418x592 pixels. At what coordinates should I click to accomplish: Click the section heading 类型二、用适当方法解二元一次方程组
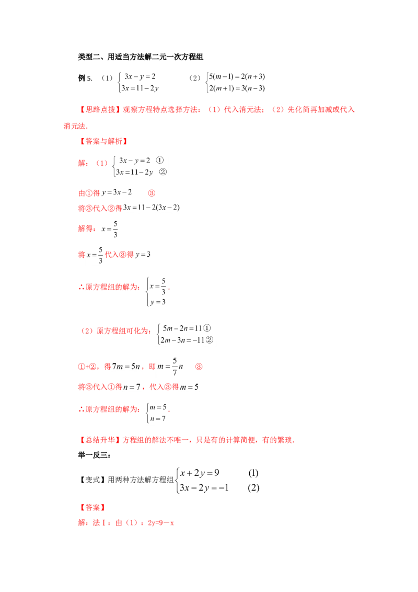coord(141,57)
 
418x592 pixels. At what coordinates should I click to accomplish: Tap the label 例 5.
coord(85,78)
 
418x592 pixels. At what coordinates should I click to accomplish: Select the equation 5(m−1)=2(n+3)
coord(237,77)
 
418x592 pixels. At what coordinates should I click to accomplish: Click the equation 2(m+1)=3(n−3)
coord(237,88)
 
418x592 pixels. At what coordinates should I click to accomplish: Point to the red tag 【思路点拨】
coord(99,109)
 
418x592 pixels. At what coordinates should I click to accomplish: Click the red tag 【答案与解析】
coord(103,141)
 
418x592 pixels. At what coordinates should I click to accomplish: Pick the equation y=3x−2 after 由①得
coord(117,192)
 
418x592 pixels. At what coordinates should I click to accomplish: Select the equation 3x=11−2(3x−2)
coord(152,208)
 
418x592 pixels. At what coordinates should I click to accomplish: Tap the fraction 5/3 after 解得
coord(115,229)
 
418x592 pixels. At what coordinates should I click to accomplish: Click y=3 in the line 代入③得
coord(143,255)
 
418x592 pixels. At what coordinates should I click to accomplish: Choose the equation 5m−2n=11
coord(182,328)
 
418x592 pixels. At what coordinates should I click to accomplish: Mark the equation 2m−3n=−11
coord(182,340)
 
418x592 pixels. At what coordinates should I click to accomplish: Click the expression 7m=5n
coord(126,367)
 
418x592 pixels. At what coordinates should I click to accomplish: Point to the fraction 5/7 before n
coord(175,367)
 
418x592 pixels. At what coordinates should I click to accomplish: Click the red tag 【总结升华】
coord(99,440)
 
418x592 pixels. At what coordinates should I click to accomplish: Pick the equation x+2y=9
coord(200,473)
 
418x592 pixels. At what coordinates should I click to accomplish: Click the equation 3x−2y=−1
coord(204,488)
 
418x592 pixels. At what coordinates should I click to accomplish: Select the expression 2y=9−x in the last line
coord(161,523)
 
